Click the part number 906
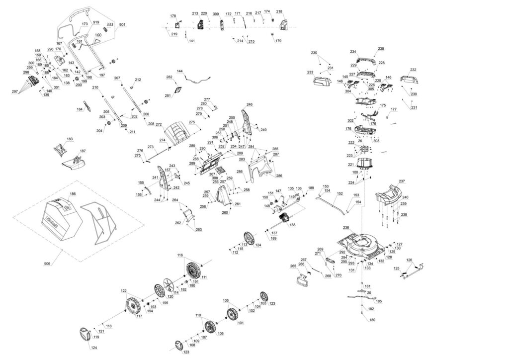click(x=47, y=263)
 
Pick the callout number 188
click(x=292, y=225)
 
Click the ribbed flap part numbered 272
click(x=178, y=134)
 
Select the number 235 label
click(x=381, y=49)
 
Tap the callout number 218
click(x=279, y=11)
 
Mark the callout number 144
click(x=180, y=72)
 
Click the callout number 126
click(x=409, y=260)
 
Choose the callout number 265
click(x=293, y=267)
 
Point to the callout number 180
click(x=372, y=320)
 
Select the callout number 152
click(x=340, y=193)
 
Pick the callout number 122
click(x=124, y=290)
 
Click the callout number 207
click(x=117, y=78)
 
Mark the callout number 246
click(x=249, y=105)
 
